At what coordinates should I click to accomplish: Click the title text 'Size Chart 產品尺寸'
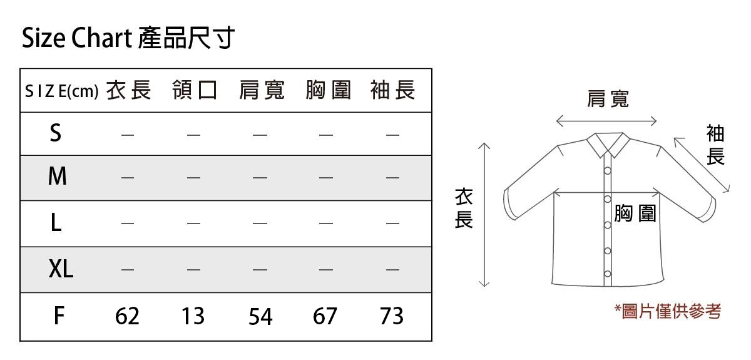128,38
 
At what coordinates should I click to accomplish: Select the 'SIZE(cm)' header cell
62,91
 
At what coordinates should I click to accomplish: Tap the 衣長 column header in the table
129,90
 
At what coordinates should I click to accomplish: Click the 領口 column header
195,90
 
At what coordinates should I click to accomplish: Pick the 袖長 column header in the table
392,90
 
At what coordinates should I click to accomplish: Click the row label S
56,133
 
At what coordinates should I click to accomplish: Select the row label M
58,176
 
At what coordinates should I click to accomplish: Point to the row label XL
61,269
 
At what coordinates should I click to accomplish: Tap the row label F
59,316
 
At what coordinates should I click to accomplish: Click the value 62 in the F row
127,316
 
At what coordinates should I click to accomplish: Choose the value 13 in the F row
193,316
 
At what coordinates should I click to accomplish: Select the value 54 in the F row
260,317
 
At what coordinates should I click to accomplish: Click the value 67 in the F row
325,316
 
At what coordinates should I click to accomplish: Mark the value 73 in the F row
392,316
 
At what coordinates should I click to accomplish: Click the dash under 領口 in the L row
193,223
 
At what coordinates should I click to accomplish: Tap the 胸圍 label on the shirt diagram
635,213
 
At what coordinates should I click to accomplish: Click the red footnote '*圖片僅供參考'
668,311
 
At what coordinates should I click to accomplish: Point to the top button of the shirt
608,171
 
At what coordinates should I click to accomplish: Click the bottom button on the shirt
608,274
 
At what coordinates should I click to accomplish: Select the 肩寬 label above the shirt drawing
608,99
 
